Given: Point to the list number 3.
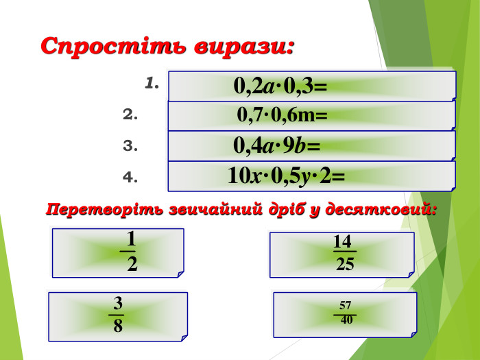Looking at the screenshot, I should click(131, 145).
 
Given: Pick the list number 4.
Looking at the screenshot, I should click(131, 177).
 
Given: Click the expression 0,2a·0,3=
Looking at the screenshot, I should click(280, 86).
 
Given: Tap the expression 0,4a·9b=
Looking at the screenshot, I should click(277, 145).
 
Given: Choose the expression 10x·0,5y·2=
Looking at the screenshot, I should click(287, 176).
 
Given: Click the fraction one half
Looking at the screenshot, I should click(131, 251).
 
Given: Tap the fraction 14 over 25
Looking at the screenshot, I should click(344, 252).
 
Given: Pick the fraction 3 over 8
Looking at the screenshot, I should click(118, 314).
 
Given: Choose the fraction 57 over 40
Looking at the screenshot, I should click(346, 312).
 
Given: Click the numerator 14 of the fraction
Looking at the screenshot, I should click(343, 242).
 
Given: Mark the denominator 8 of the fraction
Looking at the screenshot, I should click(119, 326).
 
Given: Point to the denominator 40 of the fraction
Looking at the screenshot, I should click(347, 320).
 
